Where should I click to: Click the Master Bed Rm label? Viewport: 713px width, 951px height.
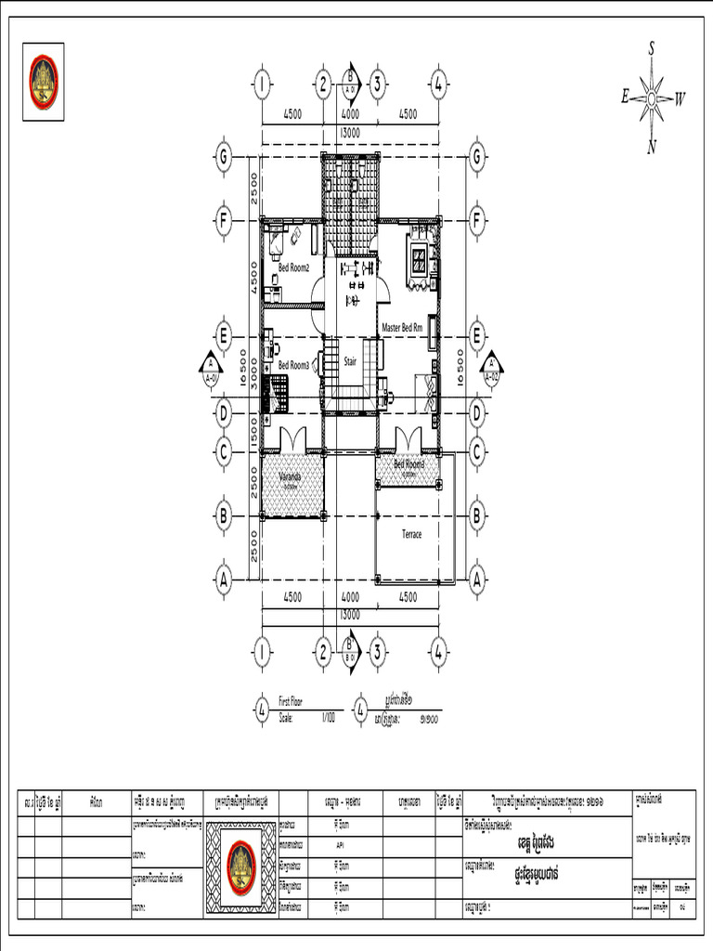tap(403, 328)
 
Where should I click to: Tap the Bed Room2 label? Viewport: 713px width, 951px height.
tap(293, 268)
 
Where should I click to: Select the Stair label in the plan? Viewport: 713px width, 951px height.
tap(351, 360)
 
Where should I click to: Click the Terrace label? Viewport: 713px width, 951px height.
tap(411, 534)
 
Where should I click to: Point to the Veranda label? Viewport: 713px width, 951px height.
tap(291, 477)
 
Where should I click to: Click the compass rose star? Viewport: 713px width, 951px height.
tap(653, 97)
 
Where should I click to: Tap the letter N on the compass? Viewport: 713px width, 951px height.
tap(652, 146)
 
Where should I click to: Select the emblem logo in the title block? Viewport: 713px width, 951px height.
tap(241, 865)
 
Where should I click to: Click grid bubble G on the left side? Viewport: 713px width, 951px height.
tap(223, 157)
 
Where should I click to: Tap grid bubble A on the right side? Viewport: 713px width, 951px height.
tap(477, 580)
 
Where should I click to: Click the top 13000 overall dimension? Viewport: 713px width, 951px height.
tap(350, 133)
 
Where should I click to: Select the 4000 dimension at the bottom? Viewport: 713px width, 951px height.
tap(350, 597)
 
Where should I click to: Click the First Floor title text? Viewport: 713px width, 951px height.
tap(291, 703)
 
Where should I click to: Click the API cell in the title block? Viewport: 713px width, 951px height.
tap(341, 846)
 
